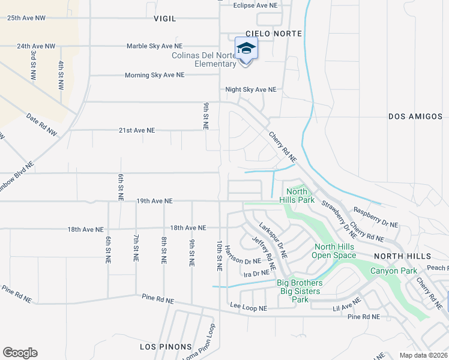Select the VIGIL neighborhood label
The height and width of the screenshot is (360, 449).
[165, 19]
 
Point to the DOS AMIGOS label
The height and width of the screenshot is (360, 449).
[415, 116]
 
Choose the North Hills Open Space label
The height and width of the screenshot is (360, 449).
[333, 251]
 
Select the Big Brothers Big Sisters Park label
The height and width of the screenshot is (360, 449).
[300, 291]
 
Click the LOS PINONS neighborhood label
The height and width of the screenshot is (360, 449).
[166, 347]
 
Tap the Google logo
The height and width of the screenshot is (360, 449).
[20, 353]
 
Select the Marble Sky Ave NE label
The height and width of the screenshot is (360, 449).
[154, 46]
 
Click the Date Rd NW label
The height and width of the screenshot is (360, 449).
[41, 124]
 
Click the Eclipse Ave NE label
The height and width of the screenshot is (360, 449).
[255, 5]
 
